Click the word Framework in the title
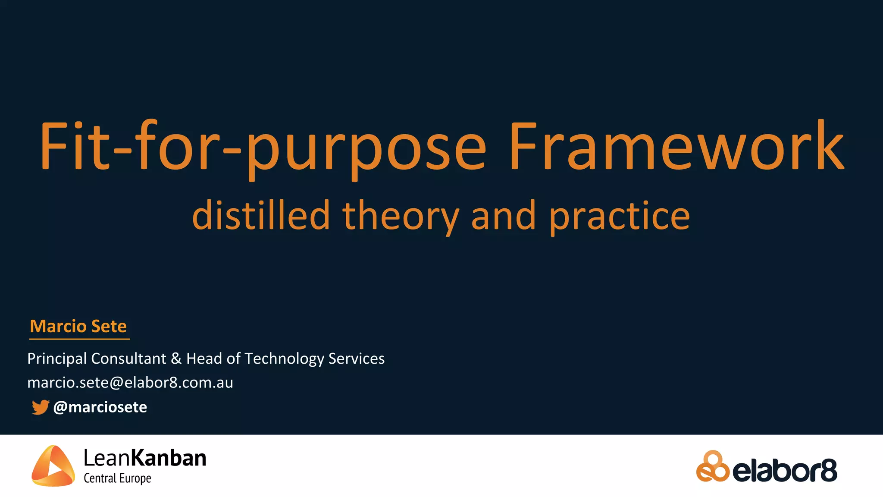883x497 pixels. tap(676, 147)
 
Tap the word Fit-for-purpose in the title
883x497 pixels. tap(263, 147)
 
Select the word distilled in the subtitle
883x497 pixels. tap(261, 216)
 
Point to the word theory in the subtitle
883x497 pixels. tap(401, 216)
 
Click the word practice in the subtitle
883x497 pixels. tap(620, 216)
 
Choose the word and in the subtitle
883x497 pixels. tap(504, 216)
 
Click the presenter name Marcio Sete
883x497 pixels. tap(78, 326)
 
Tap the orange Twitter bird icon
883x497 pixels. tap(40, 407)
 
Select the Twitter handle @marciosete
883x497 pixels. tap(100, 407)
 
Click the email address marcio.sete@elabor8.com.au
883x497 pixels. tap(130, 383)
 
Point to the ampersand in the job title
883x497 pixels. tap(176, 359)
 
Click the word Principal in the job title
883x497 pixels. tap(57, 359)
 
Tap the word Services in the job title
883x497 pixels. tap(356, 359)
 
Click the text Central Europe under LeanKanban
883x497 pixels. tap(117, 478)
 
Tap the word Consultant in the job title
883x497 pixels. tap(128, 359)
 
